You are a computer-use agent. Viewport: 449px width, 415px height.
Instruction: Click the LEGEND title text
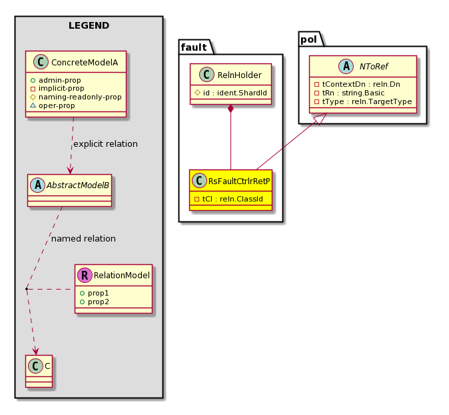(89, 25)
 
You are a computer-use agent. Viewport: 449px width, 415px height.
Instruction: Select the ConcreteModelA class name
(85, 63)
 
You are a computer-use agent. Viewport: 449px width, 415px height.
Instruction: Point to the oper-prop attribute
(53, 106)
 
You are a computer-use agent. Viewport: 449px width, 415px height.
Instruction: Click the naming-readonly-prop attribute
(76, 97)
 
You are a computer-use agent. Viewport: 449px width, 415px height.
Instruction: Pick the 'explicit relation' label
(105, 144)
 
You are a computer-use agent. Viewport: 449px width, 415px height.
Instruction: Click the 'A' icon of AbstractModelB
(37, 185)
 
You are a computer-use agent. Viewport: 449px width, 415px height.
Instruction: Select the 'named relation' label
(83, 239)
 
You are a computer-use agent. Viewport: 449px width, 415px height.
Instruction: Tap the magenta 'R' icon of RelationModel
(85, 276)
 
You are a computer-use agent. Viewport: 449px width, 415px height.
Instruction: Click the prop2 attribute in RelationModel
(95, 302)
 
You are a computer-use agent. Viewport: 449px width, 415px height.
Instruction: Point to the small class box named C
(39, 371)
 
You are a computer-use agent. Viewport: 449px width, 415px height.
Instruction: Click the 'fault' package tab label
(194, 47)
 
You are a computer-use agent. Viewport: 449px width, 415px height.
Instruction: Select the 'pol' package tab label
(308, 39)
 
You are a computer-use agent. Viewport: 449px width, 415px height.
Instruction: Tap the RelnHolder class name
(239, 75)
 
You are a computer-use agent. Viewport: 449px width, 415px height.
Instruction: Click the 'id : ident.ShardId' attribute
(230, 93)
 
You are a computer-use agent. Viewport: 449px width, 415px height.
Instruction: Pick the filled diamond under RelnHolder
(230, 109)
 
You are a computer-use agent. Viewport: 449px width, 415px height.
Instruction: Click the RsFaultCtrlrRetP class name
(239, 181)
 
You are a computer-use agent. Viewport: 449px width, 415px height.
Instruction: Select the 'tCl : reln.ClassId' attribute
(228, 199)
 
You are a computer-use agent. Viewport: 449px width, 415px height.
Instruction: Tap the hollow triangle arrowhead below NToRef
(320, 119)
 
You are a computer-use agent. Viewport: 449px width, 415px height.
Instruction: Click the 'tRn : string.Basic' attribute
(349, 93)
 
